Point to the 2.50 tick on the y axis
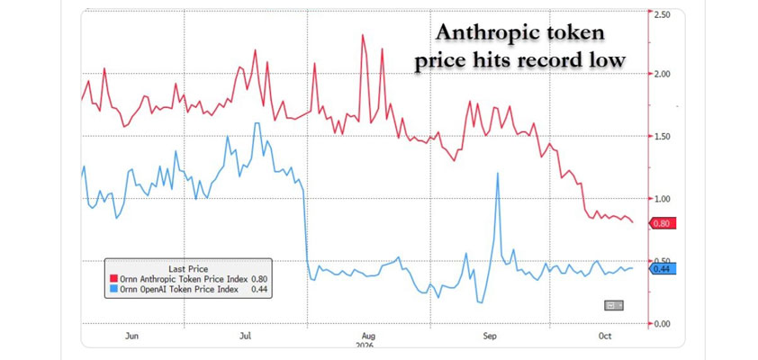[662, 15]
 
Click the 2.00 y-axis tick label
[662, 74]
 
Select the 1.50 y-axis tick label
[662, 136]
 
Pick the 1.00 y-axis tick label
[662, 199]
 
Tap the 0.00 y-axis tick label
[662, 323]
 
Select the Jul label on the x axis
[246, 337]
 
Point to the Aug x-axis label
[368, 337]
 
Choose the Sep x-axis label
[490, 337]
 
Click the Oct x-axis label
[604, 337]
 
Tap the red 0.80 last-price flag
[662, 223]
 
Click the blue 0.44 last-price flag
[662, 269]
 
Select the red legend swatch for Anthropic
[114, 279]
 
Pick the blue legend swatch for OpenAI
[114, 290]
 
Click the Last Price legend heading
[188, 269]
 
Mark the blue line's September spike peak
[498, 174]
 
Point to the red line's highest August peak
[363, 35]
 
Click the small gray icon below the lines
[614, 305]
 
